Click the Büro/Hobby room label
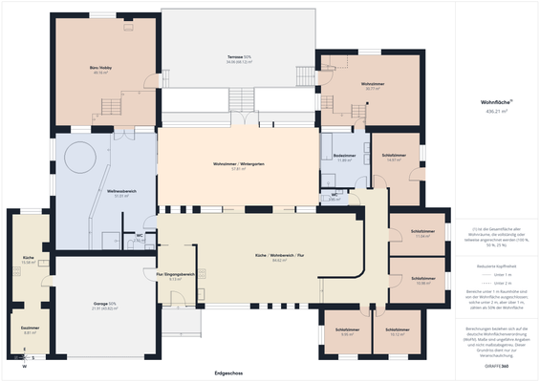click(x=101, y=69)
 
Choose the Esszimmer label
click(x=30, y=328)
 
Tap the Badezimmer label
click(x=345, y=157)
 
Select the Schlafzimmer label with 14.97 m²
click(x=393, y=157)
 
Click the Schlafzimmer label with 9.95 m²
click(x=347, y=331)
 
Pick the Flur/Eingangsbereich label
click(x=175, y=274)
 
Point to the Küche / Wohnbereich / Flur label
click(x=280, y=257)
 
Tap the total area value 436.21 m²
click(x=497, y=111)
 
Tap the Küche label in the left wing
click(x=29, y=259)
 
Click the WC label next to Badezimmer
click(x=335, y=196)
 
